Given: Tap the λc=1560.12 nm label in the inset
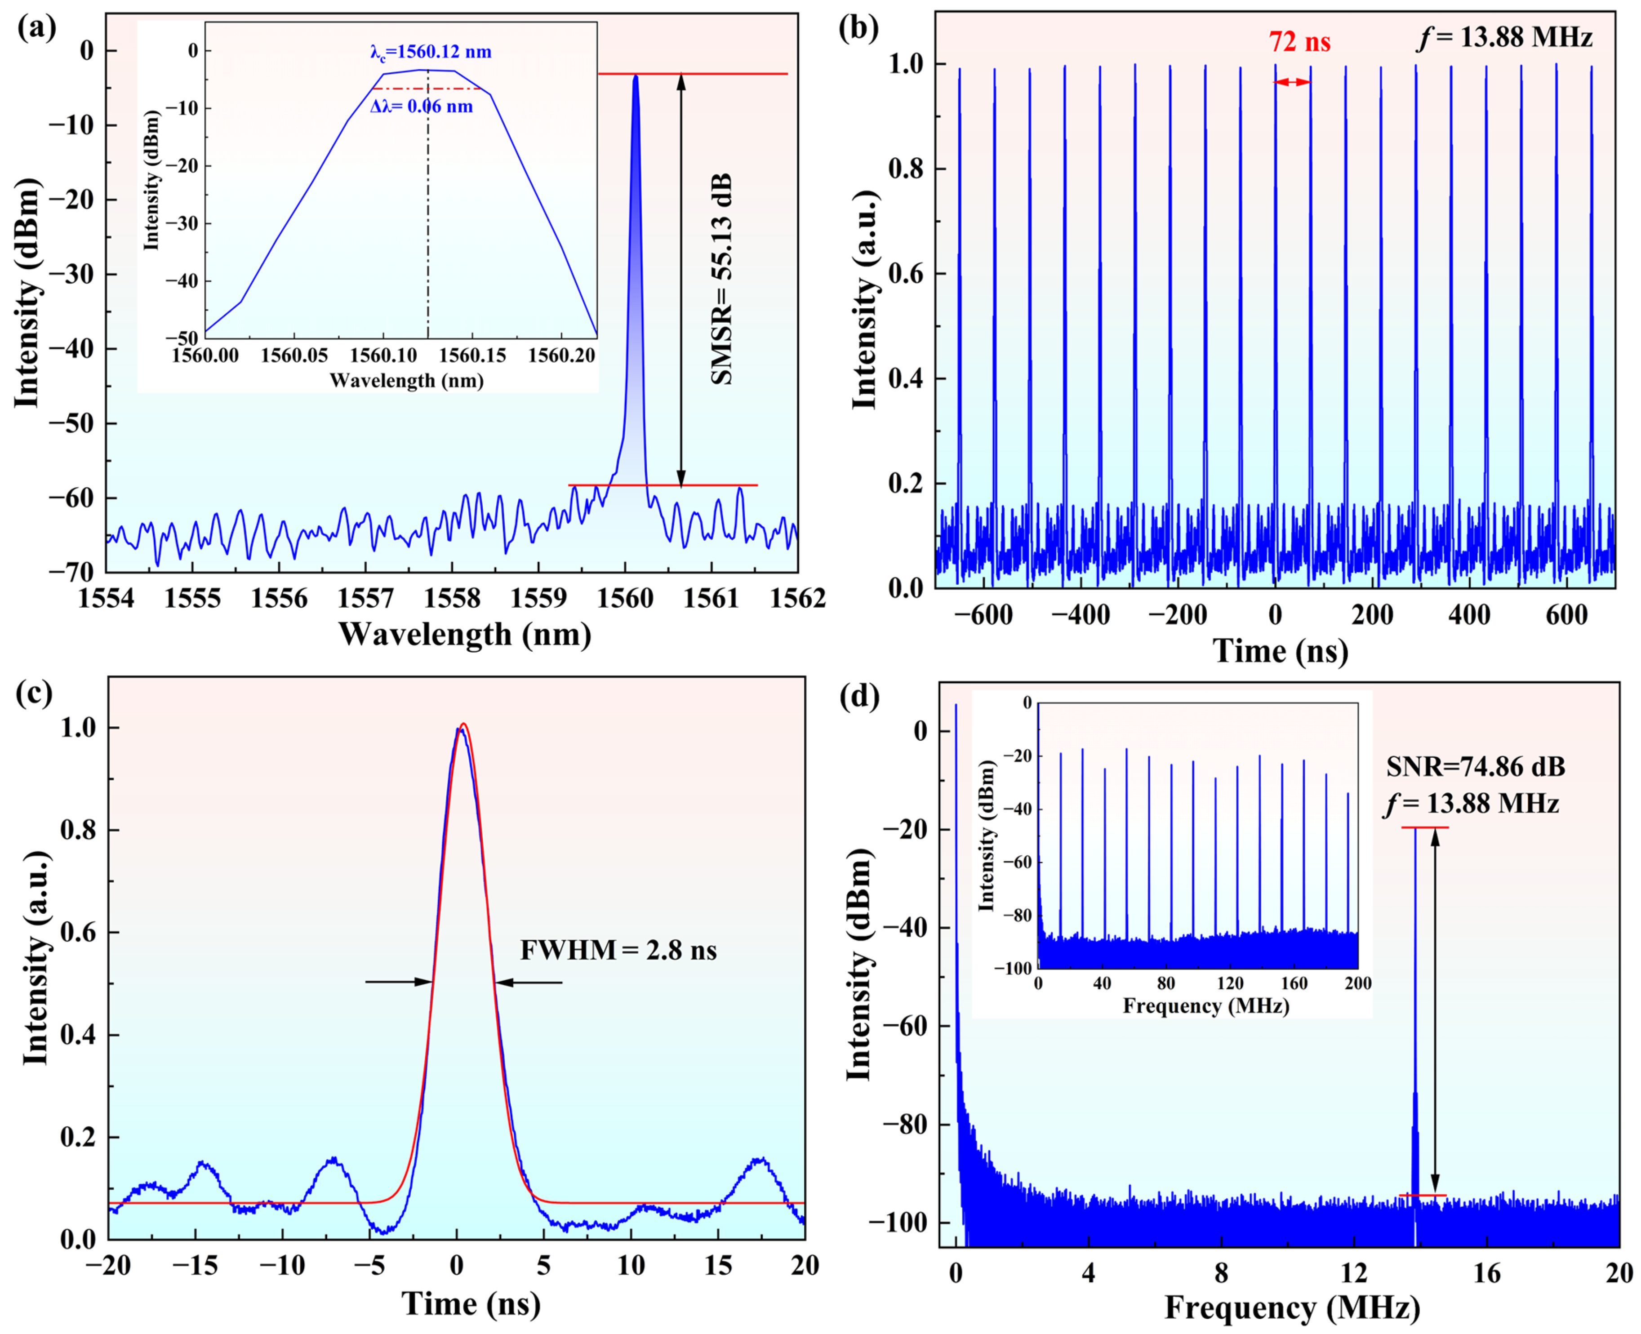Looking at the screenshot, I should click(x=430, y=52).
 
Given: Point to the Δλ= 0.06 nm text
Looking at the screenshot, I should click(x=421, y=106).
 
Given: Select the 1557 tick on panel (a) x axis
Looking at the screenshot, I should click(x=366, y=598).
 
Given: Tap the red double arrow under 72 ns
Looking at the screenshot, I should click(x=1292, y=82).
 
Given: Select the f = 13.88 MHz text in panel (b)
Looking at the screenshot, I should click(x=1504, y=37).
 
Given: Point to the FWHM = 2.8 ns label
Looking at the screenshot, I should click(x=618, y=951).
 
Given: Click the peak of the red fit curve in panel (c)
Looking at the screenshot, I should click(x=463, y=724).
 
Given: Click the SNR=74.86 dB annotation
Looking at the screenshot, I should click(x=1475, y=766).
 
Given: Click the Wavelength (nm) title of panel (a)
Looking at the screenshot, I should click(x=465, y=635).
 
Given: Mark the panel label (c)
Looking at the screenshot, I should click(x=36, y=692).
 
